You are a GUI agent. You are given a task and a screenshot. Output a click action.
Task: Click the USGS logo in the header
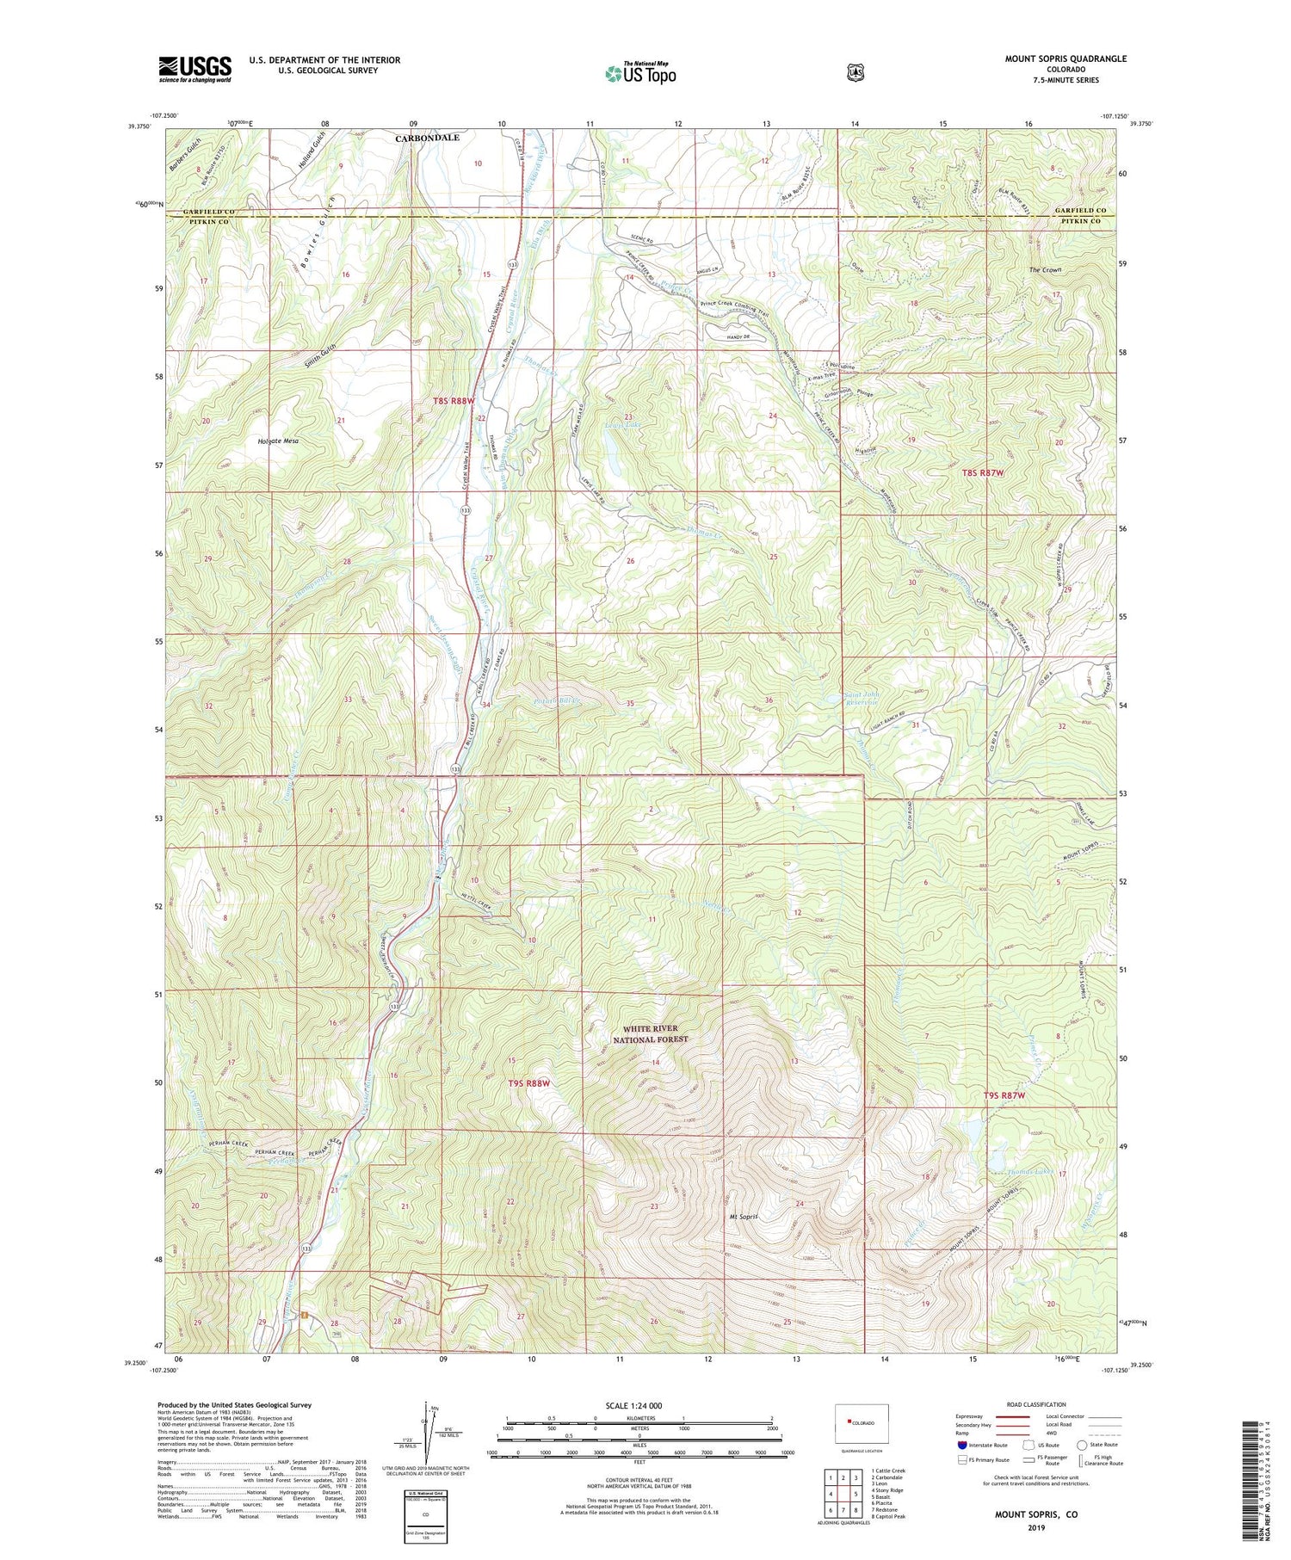coord(195,69)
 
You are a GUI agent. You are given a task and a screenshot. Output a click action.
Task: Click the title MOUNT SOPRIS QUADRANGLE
coord(1065,59)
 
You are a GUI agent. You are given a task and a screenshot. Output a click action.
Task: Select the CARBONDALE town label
coord(428,138)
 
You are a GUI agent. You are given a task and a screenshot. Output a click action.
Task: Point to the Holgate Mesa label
coord(278,441)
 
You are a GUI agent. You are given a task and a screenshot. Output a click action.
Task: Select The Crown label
coord(1045,270)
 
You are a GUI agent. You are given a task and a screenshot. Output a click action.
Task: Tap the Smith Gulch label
coord(318,359)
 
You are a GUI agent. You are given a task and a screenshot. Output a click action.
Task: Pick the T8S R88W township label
coord(454,401)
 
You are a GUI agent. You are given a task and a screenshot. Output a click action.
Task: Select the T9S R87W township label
coord(1004,1095)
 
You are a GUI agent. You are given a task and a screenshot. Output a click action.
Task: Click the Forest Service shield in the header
coord(855,73)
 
